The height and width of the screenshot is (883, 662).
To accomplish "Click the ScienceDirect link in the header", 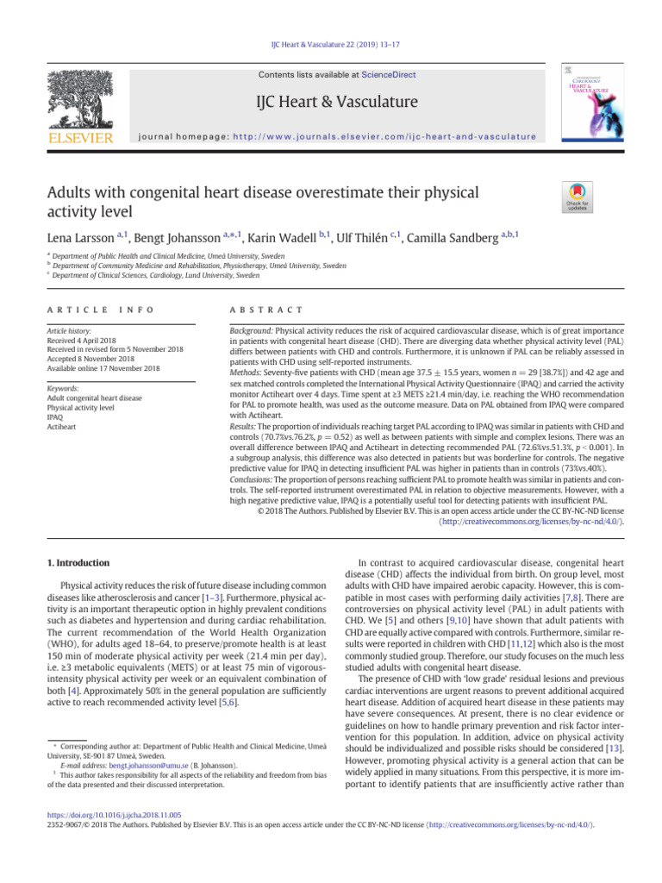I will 388,75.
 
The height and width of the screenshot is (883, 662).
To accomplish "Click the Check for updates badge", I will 577,196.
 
